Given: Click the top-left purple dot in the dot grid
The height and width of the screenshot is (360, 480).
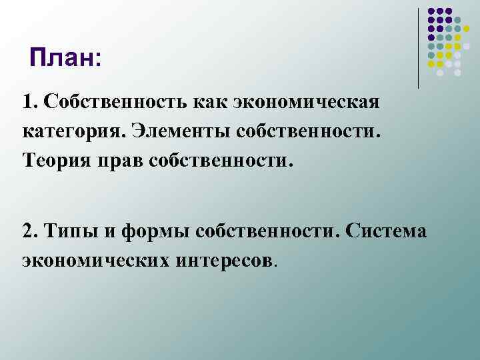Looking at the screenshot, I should coord(431,11).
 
